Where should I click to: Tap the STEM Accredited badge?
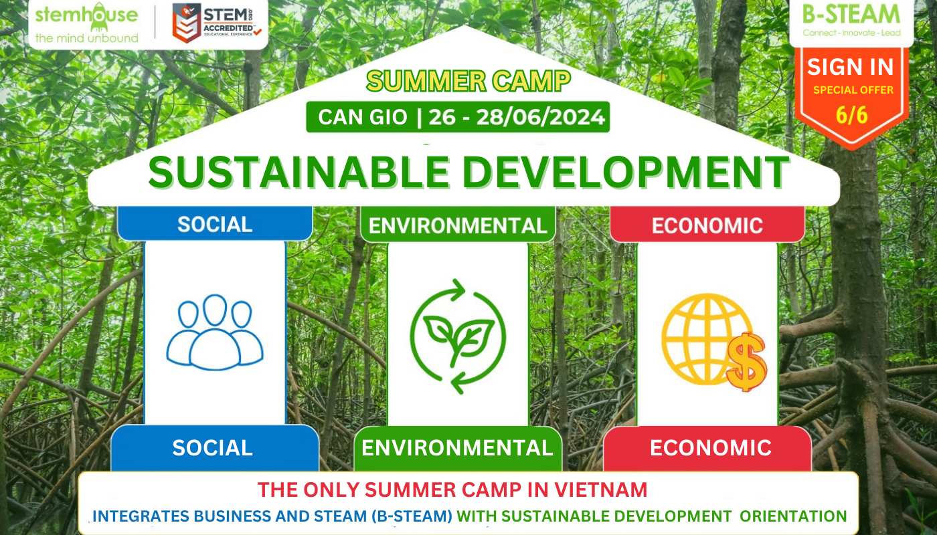point(217,23)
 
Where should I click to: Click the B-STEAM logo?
point(851,20)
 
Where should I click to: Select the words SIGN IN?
point(851,67)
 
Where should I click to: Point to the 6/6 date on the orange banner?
point(851,115)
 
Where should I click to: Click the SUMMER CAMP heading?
point(468,81)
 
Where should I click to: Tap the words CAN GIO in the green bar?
point(363,117)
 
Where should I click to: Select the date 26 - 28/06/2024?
point(517,117)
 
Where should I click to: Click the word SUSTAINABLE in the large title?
point(299,173)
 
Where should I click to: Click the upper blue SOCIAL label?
point(215,225)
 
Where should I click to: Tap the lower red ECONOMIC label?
point(711,448)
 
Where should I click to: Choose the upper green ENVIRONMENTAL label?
point(458,226)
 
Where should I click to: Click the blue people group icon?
point(215,332)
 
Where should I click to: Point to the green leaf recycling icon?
point(458,336)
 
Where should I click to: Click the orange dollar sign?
point(746,362)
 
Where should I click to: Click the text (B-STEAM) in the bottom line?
point(412,516)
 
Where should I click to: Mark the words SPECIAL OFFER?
point(853,90)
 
